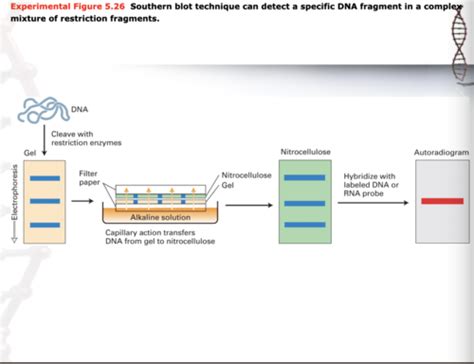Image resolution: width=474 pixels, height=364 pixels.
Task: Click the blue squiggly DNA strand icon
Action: pyautogui.click(x=47, y=112)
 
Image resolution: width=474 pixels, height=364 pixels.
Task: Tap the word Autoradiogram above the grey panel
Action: pyautogui.click(x=440, y=152)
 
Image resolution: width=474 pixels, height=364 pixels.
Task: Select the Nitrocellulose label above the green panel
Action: pyautogui.click(x=304, y=152)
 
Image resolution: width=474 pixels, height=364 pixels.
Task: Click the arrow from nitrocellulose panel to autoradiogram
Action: pyautogui.click(x=376, y=201)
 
